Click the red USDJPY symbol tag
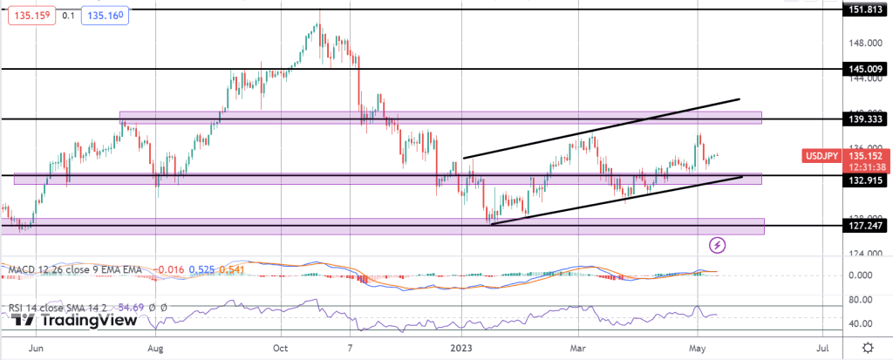click(821, 155)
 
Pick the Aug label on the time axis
click(156, 347)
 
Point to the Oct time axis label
click(280, 347)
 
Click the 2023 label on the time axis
click(463, 347)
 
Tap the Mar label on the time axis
click(578, 347)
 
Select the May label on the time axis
click(699, 347)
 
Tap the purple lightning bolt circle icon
click(718, 245)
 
